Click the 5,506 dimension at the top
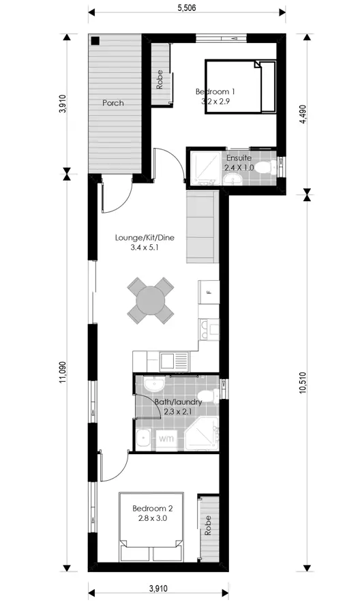[186, 8]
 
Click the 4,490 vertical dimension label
[303, 114]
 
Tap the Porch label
[113, 103]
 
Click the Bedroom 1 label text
[215, 92]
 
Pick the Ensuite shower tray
[205, 168]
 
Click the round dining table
[151, 300]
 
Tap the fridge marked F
[209, 292]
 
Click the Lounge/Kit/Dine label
[145, 238]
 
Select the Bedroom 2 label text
[153, 509]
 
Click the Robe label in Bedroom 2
[207, 525]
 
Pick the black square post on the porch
[95, 40]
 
